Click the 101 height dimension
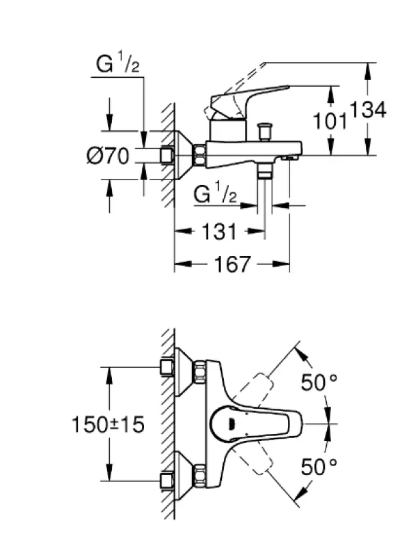pyautogui.click(x=330, y=121)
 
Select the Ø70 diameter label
pyautogui.click(x=108, y=156)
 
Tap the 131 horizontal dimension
pyautogui.click(x=218, y=232)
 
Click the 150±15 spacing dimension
pyautogui.click(x=109, y=425)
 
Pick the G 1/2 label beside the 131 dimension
pyautogui.click(x=215, y=195)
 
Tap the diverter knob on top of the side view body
pyautogui.click(x=263, y=130)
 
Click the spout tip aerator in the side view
pyautogui.click(x=290, y=158)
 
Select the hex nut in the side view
pyautogui.click(x=200, y=155)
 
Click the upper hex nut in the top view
pyautogui.click(x=200, y=373)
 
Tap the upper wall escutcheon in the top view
pyautogui.click(x=182, y=372)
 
